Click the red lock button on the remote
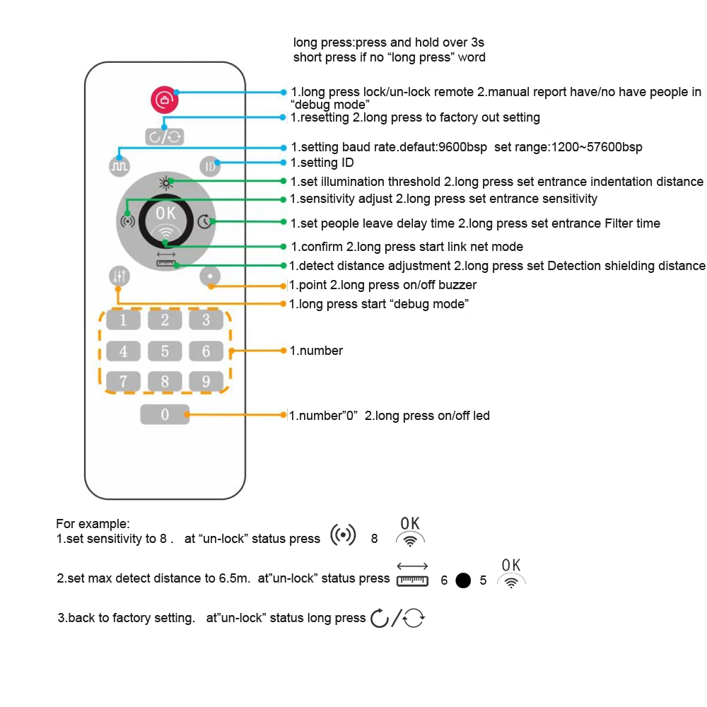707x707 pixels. [x=164, y=100]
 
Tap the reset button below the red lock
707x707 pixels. [x=164, y=136]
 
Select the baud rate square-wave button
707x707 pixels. [x=118, y=165]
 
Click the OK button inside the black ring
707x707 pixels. [x=164, y=220]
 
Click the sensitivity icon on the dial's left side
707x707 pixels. [x=127, y=221]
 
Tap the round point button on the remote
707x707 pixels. [x=210, y=276]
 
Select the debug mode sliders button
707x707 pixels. [x=118, y=276]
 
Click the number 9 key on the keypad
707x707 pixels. [x=206, y=382]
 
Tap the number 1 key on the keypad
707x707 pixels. [x=124, y=320]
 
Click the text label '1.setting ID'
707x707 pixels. [x=322, y=163]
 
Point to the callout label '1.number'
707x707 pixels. [x=316, y=351]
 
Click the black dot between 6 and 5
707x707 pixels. [x=463, y=580]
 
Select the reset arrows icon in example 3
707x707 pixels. [x=398, y=619]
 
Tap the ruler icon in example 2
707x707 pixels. [x=412, y=575]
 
